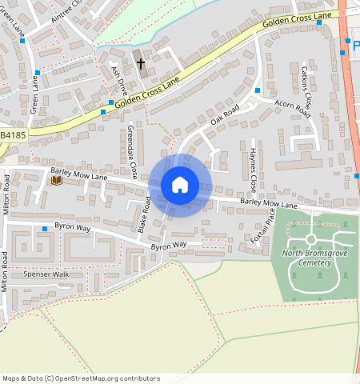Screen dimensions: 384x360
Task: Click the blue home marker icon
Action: click(180, 185)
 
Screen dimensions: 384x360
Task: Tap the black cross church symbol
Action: click(141, 63)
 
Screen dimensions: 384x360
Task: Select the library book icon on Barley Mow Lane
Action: click(56, 181)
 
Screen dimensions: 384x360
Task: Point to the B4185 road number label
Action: click(12, 137)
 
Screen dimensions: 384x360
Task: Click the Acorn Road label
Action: click(291, 104)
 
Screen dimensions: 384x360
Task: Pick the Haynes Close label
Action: click(253, 170)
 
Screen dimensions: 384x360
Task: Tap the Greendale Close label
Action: click(132, 151)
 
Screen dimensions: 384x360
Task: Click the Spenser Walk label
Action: click(46, 274)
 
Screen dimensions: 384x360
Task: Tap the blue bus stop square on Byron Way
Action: click(45, 230)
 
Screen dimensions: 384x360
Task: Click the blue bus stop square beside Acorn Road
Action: click(258, 90)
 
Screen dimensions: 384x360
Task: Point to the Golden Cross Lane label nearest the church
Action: click(147, 92)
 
